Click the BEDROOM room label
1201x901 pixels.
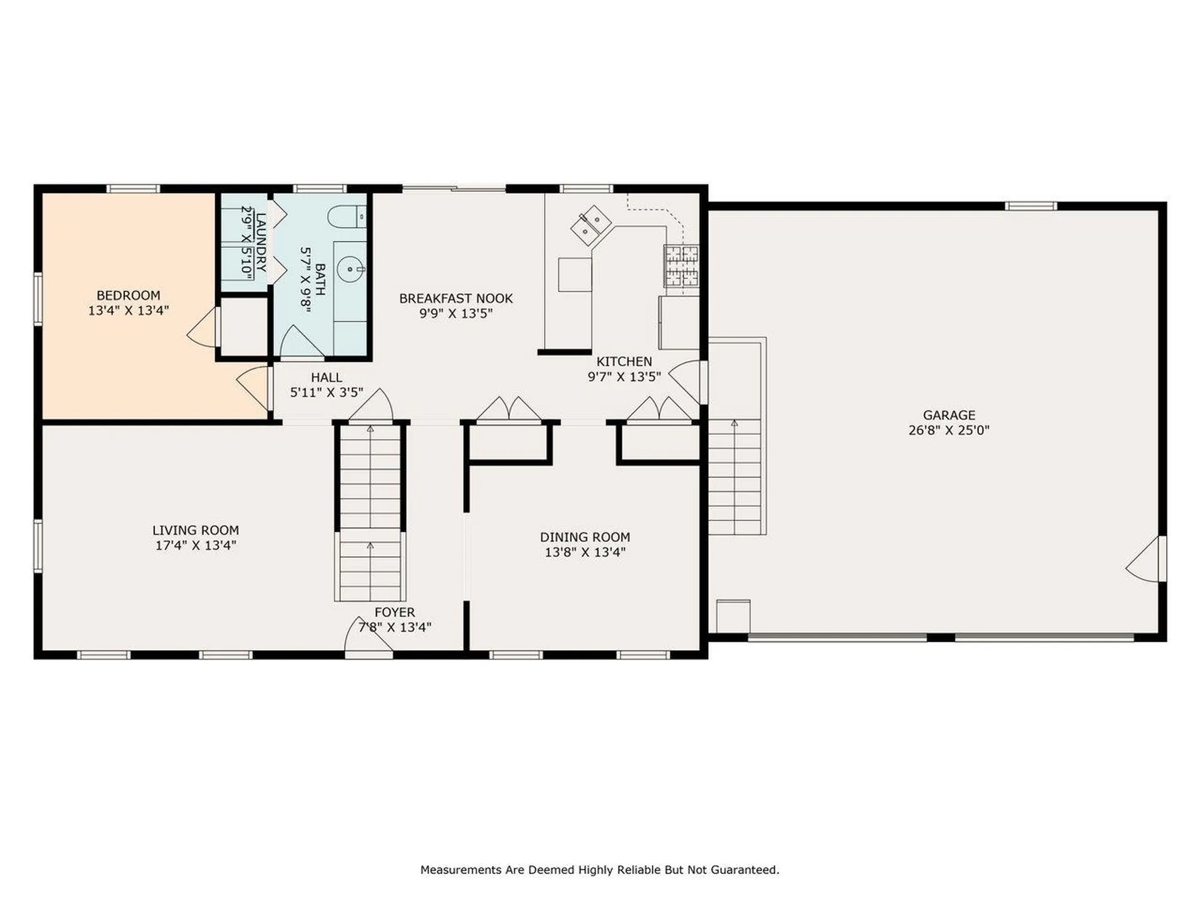point(128,295)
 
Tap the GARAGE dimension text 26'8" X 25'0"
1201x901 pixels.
point(948,430)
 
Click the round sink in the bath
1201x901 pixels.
point(350,270)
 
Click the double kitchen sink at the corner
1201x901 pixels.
point(590,225)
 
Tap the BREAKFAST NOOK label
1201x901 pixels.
point(455,298)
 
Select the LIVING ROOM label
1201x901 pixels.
point(195,531)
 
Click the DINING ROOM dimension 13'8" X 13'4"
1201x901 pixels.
point(585,552)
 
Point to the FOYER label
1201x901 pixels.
point(394,613)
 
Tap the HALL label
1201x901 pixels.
point(326,377)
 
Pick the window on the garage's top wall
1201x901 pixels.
point(1031,206)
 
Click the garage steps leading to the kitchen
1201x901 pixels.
point(735,476)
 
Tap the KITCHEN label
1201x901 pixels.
point(624,362)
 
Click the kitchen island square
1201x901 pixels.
point(574,275)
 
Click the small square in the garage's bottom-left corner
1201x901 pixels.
point(732,616)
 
